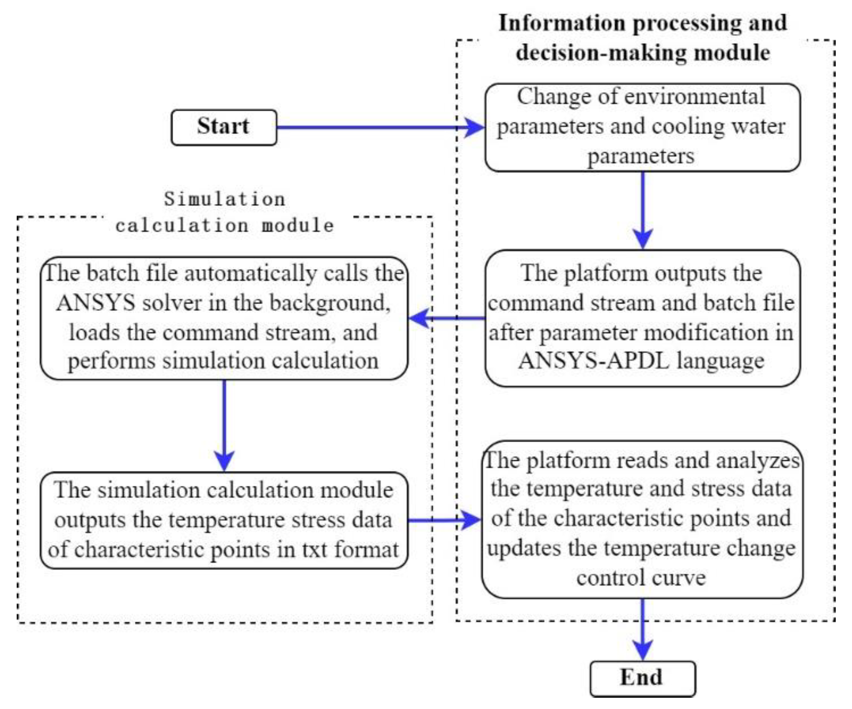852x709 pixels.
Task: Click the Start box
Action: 224,127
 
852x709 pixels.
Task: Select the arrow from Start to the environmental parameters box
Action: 376,127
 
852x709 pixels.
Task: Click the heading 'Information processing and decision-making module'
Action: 643,38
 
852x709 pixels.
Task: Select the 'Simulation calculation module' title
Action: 225,212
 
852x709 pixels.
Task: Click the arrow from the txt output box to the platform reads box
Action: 445,520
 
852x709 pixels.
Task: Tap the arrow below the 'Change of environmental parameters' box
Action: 643,209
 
